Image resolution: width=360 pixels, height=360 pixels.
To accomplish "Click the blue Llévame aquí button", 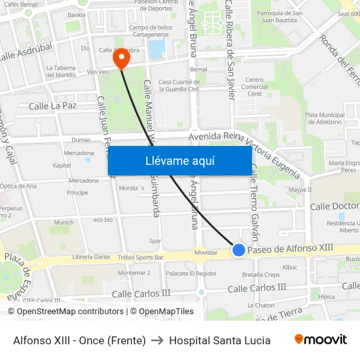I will coord(179,160).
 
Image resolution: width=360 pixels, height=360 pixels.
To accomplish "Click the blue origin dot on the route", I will coord(239,250).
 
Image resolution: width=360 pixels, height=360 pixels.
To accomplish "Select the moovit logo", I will coord(321,340).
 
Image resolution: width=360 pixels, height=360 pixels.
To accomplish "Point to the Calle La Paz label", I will coord(53,105).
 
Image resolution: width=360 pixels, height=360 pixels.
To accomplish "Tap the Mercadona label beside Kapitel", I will coord(79,153).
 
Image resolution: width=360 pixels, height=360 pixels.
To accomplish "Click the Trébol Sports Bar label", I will coord(140,257).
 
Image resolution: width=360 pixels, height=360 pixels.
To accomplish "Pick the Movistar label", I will coord(206,253).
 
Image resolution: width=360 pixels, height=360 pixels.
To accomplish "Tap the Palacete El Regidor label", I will coord(191,273).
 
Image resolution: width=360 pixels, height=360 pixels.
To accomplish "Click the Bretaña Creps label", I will coord(261,274).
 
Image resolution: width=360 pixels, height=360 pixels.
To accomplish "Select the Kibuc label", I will coord(290,267).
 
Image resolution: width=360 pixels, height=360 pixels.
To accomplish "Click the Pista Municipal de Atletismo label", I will coord(324,118).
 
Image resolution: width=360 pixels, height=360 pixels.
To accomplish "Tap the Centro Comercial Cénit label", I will coord(254,87).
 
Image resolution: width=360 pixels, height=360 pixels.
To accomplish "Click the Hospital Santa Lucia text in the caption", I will coord(219,340).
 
